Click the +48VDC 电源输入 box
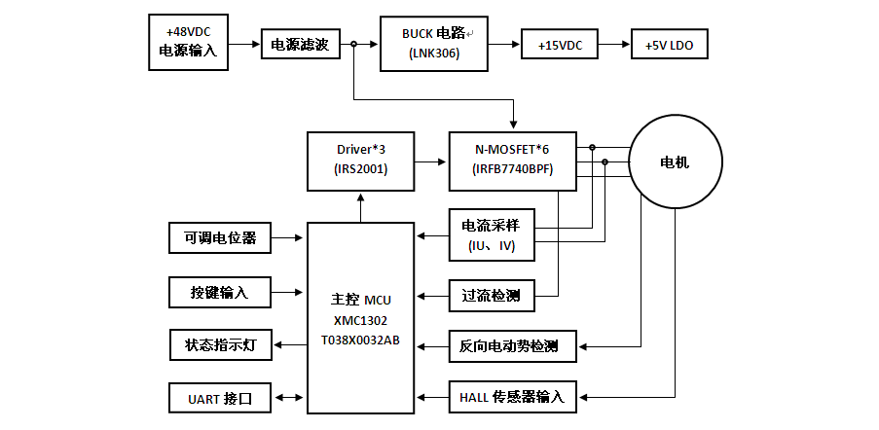tap(189, 43)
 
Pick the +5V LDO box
tap(669, 45)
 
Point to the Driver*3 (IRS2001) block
tap(361, 159)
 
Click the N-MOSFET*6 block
tap(512, 159)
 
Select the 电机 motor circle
tap(675, 161)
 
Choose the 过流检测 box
tap(492, 295)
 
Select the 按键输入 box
tap(215, 292)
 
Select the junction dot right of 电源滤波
tap(353, 44)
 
